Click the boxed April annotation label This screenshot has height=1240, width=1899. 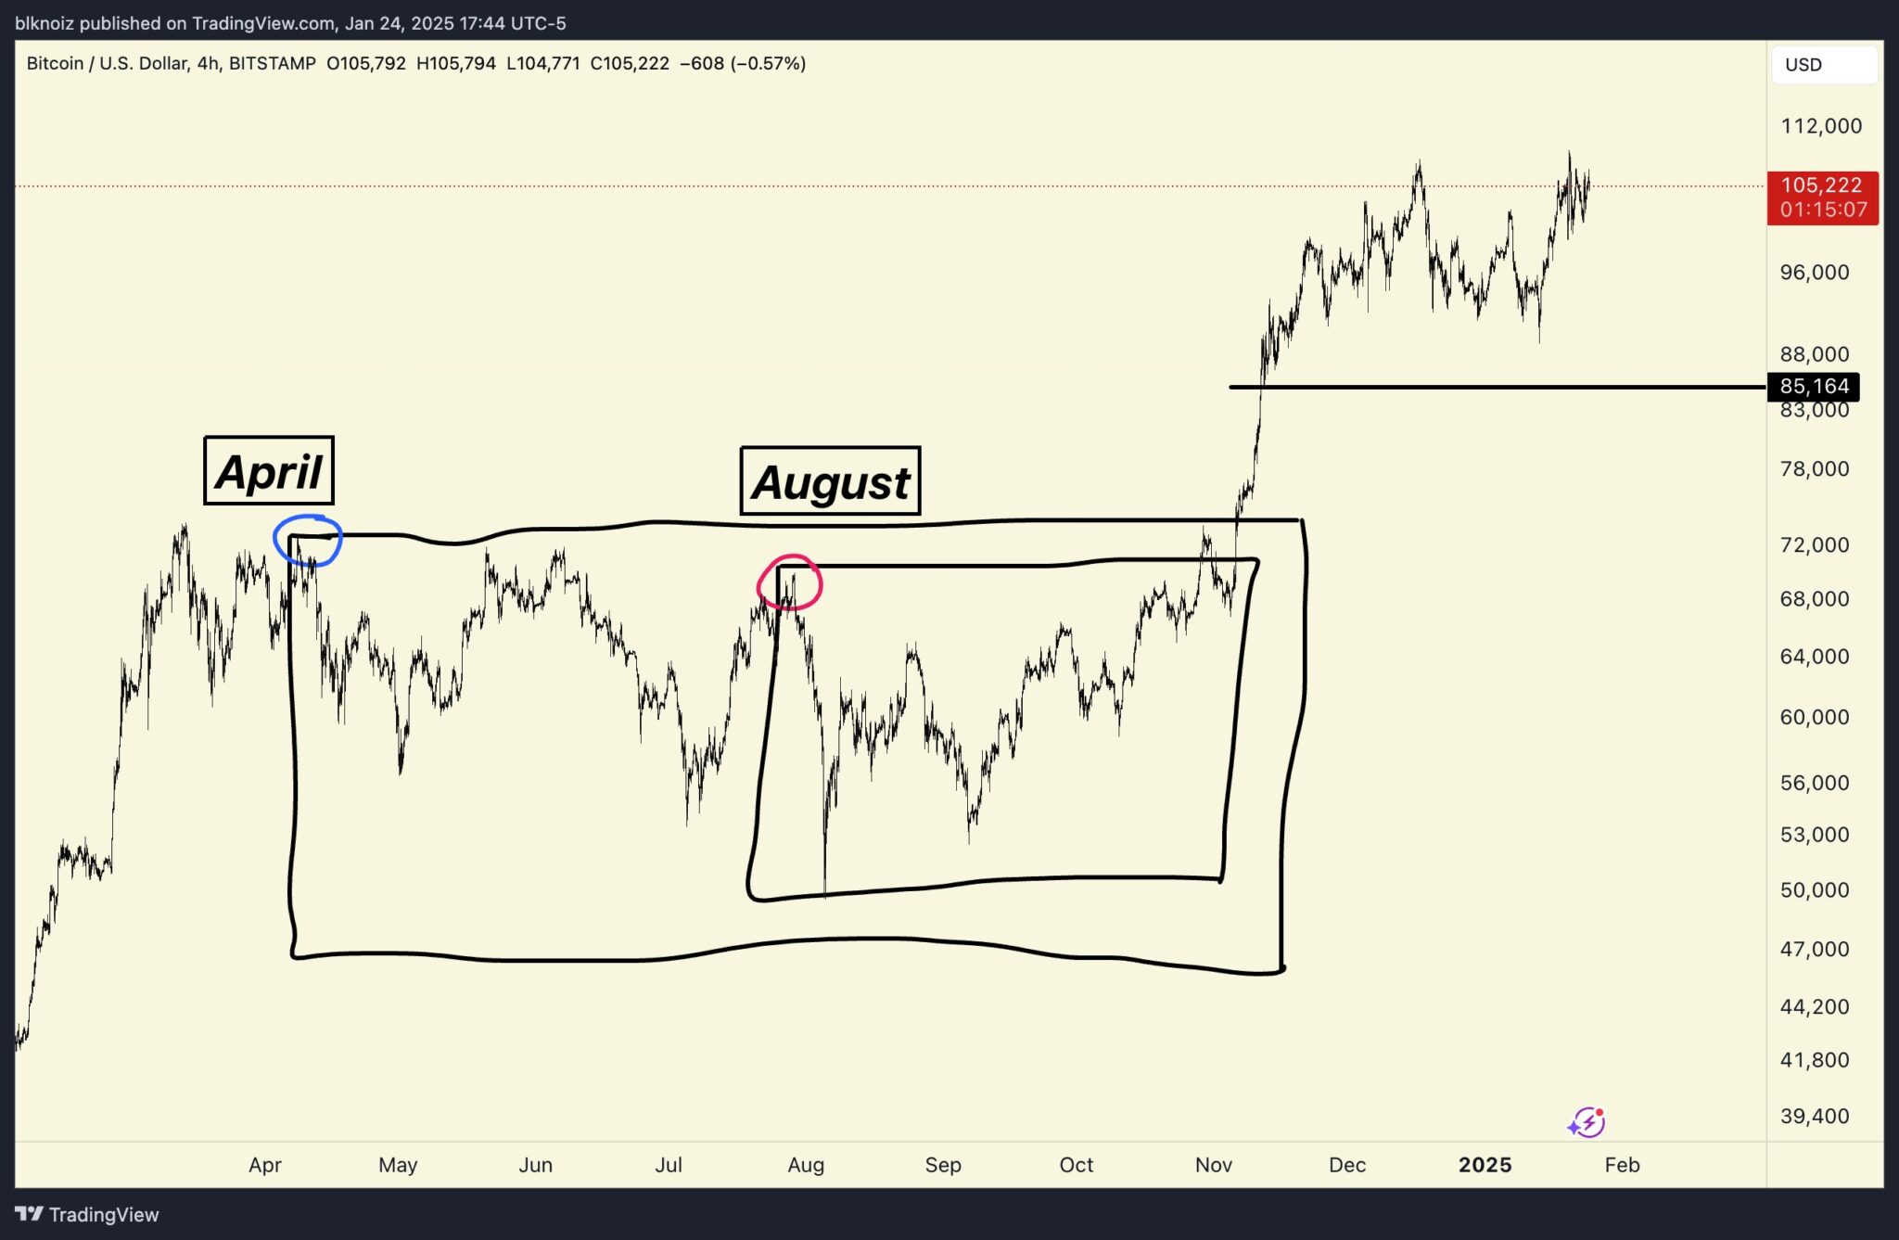(x=269, y=471)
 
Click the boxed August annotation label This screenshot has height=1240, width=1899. (x=830, y=481)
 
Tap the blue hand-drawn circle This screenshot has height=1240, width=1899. (x=308, y=540)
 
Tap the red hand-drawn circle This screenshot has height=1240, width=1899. (x=789, y=582)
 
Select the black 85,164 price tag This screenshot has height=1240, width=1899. (x=1814, y=386)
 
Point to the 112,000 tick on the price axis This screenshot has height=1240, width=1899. (x=1820, y=126)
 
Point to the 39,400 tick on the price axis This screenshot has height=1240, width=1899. (x=1814, y=1116)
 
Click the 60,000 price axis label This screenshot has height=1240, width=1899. (x=1814, y=717)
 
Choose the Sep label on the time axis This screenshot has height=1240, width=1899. (x=942, y=1165)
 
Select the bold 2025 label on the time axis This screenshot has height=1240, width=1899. (x=1485, y=1165)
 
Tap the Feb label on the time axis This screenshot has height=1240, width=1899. (x=1622, y=1165)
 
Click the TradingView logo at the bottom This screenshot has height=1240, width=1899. (x=87, y=1214)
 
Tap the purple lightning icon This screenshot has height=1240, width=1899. (x=1587, y=1122)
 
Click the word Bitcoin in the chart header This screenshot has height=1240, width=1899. (x=55, y=64)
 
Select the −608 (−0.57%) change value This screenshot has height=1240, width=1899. (x=742, y=64)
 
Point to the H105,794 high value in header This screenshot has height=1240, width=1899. (x=456, y=64)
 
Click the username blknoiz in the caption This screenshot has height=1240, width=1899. (x=44, y=23)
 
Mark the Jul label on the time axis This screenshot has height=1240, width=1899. (x=668, y=1165)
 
